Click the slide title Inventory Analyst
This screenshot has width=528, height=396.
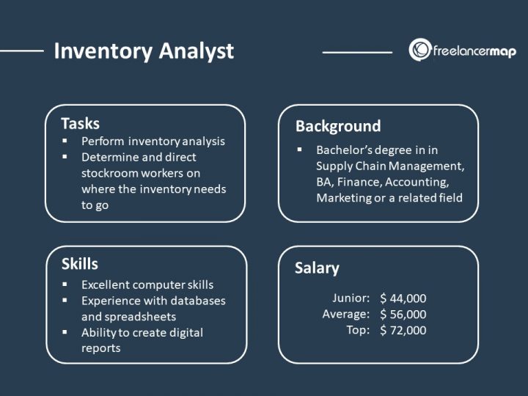144,51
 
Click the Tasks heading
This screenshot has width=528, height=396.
80,123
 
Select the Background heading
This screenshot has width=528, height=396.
338,126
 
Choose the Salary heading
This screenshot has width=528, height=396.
317,268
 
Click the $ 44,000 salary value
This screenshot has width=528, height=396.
403,298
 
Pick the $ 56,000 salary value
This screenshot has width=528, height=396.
403,314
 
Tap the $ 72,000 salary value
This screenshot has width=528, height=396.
403,330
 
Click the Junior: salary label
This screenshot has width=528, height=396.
351,298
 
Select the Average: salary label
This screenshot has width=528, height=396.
345,314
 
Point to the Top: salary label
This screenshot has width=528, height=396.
358,330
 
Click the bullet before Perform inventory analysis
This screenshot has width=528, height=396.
65,141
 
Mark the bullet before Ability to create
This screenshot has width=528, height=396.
65,332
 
